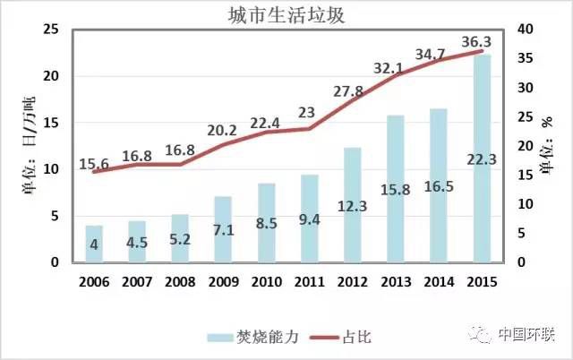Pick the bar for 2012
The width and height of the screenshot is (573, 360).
pyautogui.click(x=353, y=205)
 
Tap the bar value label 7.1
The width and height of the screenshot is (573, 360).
pyautogui.click(x=224, y=232)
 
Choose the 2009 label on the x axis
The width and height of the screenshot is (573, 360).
pyautogui.click(x=223, y=282)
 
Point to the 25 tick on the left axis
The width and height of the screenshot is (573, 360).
pyautogui.click(x=51, y=30)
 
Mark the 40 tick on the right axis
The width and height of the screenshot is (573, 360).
pyautogui.click(x=527, y=30)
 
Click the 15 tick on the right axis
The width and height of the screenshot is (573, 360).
pyautogui.click(x=527, y=176)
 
